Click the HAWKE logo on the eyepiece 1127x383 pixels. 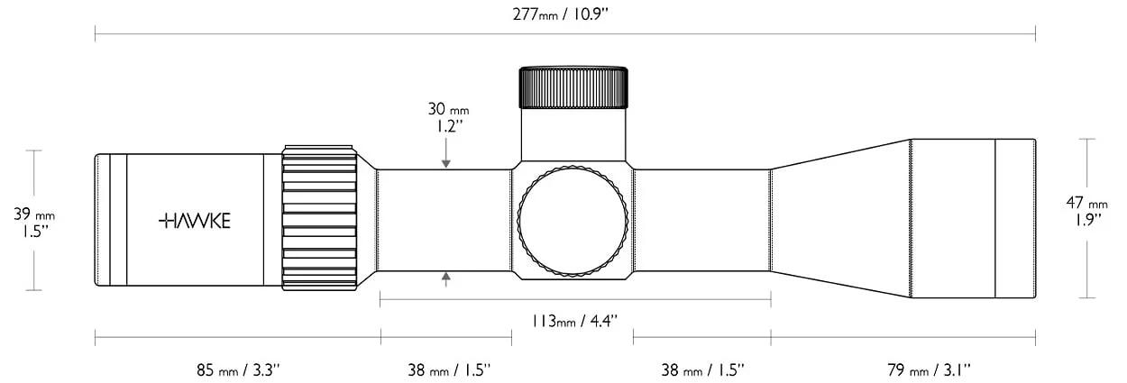coord(195,221)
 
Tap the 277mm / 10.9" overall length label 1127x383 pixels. coord(561,14)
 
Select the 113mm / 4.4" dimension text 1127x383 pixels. coord(574,321)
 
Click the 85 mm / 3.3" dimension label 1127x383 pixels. coord(237,370)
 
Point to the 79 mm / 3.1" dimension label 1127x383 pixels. coord(929,370)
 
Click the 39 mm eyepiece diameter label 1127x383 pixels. coord(34,214)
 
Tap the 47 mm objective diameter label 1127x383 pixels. coord(1086,203)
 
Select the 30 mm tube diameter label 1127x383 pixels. coord(448,108)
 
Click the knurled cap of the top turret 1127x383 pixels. coord(573,87)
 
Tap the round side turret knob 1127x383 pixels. coord(573,220)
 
